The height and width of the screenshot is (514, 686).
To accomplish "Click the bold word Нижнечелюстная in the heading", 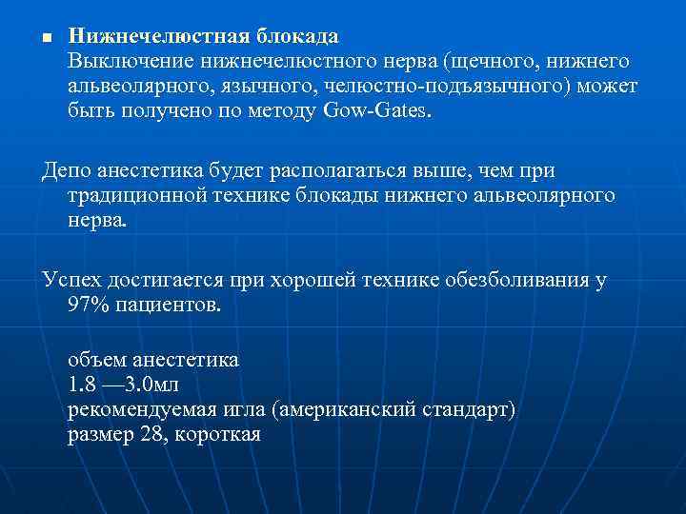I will pos(156,36).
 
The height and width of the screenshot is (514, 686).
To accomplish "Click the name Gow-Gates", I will pos(377,110).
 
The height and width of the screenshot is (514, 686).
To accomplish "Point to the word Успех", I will pos(70,280).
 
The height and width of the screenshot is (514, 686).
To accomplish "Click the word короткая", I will pos(216,435).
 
